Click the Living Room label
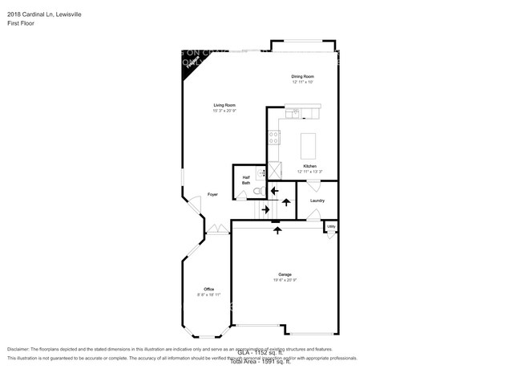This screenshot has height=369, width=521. click(x=224, y=105)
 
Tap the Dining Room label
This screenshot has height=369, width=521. click(x=302, y=76)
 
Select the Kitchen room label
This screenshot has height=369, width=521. click(x=309, y=166)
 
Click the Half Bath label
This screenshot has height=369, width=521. click(x=246, y=180)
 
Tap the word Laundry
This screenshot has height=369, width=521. click(x=317, y=201)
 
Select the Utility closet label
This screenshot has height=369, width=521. click(x=330, y=227)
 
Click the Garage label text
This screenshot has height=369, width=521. click(x=285, y=274)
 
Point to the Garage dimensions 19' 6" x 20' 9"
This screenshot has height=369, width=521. click(x=285, y=279)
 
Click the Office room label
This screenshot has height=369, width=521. click(x=208, y=289)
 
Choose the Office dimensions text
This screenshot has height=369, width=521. click(x=208, y=294)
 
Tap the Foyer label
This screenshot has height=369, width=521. click(x=212, y=194)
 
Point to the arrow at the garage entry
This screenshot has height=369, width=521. click(x=278, y=230)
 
